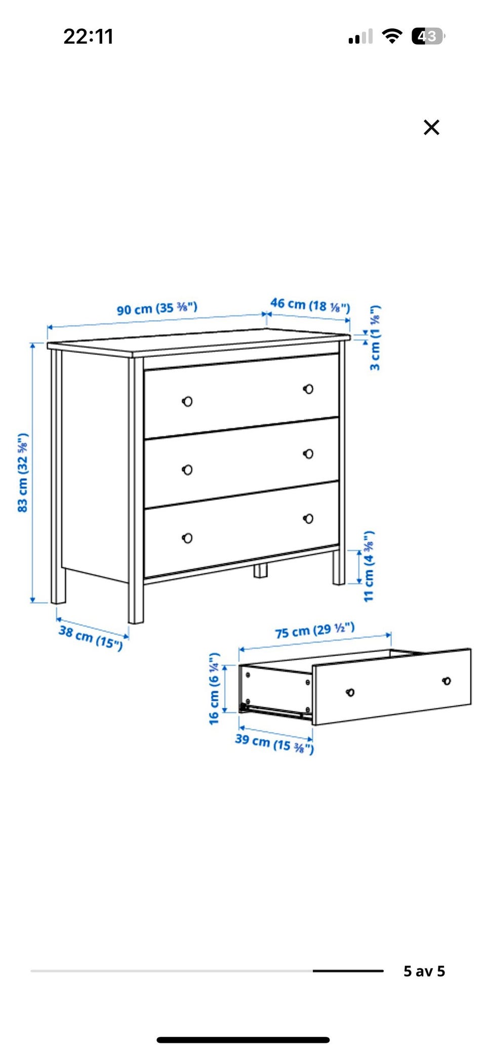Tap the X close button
pyautogui.click(x=431, y=127)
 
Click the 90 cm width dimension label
pyautogui.click(x=157, y=308)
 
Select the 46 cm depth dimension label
pyautogui.click(x=310, y=305)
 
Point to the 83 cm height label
pyautogui.click(x=23, y=473)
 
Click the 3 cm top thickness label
pyautogui.click(x=375, y=338)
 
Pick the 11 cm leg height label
pyautogui.click(x=369, y=566)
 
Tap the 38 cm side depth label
pyautogui.click(x=91, y=637)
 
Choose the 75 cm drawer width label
pyautogui.click(x=314, y=630)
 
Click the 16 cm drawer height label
pyautogui.click(x=214, y=688)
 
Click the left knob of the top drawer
pyautogui.click(x=187, y=401)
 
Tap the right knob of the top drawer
pyautogui.click(x=308, y=389)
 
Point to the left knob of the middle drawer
pyautogui.click(x=187, y=470)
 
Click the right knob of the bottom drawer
pyautogui.click(x=308, y=519)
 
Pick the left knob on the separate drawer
pyautogui.click(x=350, y=692)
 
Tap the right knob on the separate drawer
pyautogui.click(x=447, y=681)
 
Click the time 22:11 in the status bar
pyautogui.click(x=88, y=36)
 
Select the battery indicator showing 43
pyautogui.click(x=428, y=36)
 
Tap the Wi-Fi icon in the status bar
pyautogui.click(x=392, y=36)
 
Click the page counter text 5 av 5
pyautogui.click(x=424, y=971)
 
